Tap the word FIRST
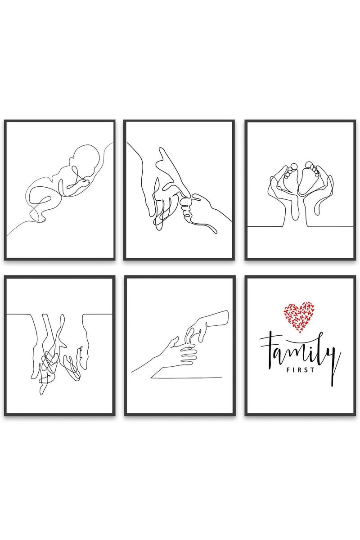pos(301,370)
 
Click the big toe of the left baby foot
pos(294,166)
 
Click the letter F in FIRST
pos(288,370)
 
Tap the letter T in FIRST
pos(312,370)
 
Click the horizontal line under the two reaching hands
pos(186,378)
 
